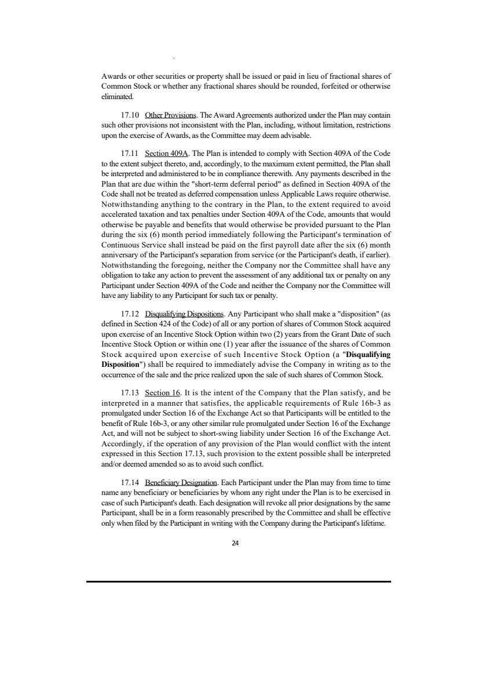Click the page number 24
coord(235,544)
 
